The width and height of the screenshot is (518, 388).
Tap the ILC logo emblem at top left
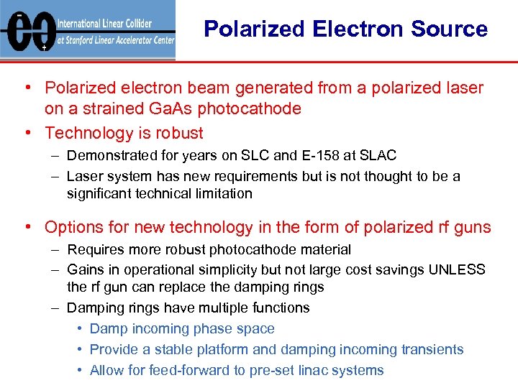(x=27, y=31)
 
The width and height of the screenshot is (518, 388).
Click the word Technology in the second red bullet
(x=81, y=133)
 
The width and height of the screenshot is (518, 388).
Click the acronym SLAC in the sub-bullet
(x=379, y=156)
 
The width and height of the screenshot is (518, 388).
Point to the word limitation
(x=223, y=193)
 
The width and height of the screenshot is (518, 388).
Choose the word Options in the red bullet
(x=71, y=228)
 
